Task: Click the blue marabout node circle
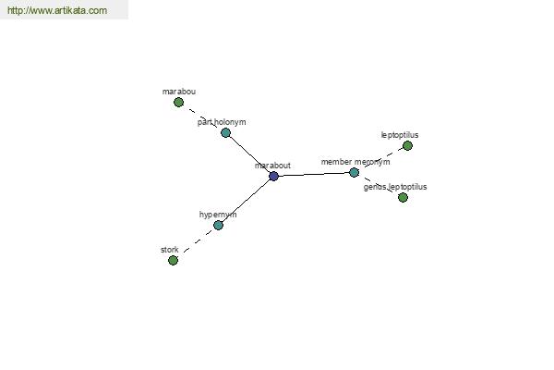[273, 176]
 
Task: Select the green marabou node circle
[179, 103]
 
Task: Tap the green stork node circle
[174, 261]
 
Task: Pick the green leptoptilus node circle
[407, 145]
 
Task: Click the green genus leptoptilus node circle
[403, 198]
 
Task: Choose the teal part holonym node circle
[226, 133]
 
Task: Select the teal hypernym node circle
[218, 225]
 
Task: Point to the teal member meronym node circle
[354, 172]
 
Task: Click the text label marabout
[272, 166]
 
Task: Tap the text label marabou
[179, 92]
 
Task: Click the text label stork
[170, 250]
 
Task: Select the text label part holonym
[222, 122]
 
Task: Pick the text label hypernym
[218, 215]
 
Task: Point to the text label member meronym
[355, 162]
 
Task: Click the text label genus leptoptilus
[395, 187]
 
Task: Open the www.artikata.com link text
[57, 10]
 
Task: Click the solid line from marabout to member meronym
[314, 174]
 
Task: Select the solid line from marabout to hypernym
[246, 201]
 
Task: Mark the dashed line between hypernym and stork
[198, 240]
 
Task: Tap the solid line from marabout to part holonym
[249, 154]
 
